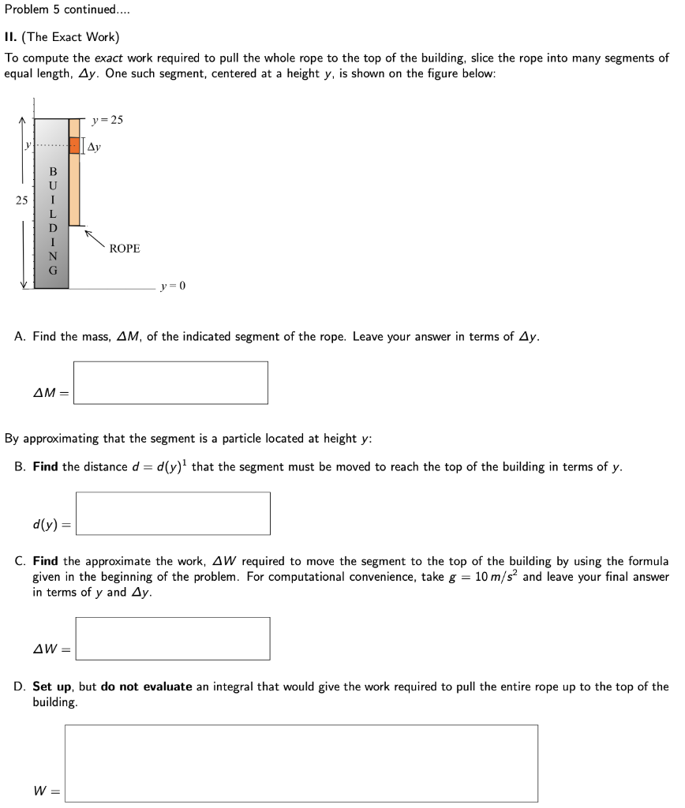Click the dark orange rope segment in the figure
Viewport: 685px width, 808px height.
(x=75, y=146)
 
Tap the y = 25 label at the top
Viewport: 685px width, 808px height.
(x=107, y=120)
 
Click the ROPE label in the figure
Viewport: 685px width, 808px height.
(x=125, y=249)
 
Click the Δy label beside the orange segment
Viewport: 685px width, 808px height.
(x=93, y=147)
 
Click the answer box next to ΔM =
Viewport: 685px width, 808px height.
(x=170, y=383)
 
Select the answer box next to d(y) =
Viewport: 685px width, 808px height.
(x=173, y=513)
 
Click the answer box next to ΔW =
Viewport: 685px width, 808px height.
(x=173, y=638)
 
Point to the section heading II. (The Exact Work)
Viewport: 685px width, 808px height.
(x=62, y=37)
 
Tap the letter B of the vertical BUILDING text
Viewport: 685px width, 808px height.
(x=53, y=171)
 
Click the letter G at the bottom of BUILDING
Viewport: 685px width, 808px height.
(x=53, y=271)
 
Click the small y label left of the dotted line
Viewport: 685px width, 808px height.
(x=28, y=145)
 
